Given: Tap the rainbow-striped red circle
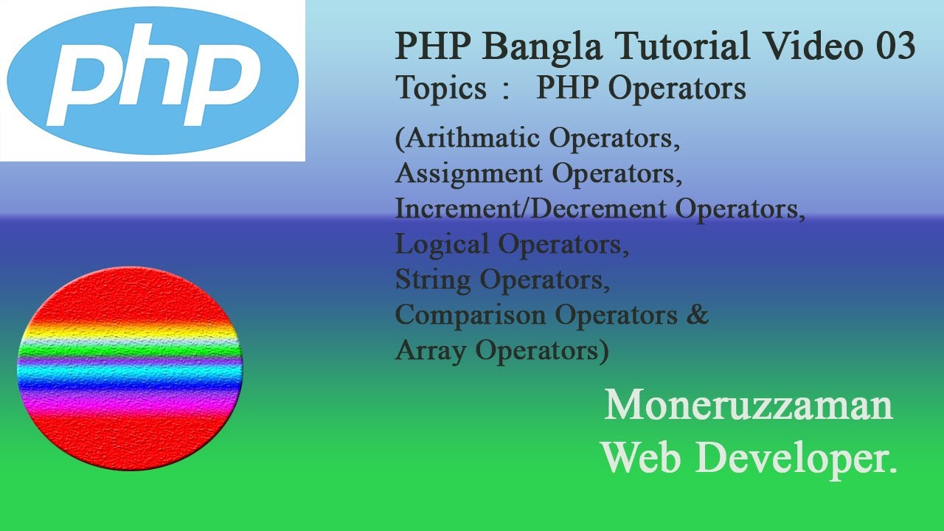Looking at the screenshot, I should [130, 369].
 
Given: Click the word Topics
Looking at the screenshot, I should [441, 88].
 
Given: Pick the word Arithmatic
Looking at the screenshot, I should [473, 139].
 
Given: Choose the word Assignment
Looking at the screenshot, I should [469, 174].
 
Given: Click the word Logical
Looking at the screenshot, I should [442, 244].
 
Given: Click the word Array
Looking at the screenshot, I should [431, 350].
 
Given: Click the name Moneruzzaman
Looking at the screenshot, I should [749, 406].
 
